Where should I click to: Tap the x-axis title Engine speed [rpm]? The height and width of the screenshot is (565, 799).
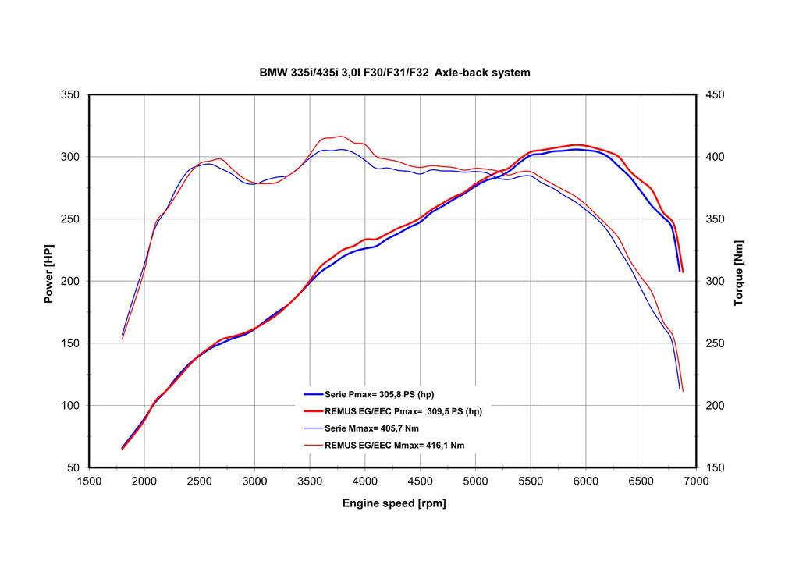pyautogui.click(x=394, y=503)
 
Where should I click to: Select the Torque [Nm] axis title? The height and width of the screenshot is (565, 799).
pyautogui.click(x=739, y=272)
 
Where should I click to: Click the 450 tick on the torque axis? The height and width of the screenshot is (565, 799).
pyautogui.click(x=716, y=95)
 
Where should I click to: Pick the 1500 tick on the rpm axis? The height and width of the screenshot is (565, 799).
pyautogui.click(x=89, y=481)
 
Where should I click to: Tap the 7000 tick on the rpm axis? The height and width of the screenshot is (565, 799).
pyautogui.click(x=695, y=481)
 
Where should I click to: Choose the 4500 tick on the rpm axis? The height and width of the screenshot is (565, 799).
pyautogui.click(x=420, y=481)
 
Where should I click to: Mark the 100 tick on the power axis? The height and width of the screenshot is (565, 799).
pyautogui.click(x=71, y=406)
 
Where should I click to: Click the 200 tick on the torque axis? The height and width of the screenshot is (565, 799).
pyautogui.click(x=716, y=406)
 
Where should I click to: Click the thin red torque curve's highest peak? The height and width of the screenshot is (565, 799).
pyautogui.click(x=340, y=137)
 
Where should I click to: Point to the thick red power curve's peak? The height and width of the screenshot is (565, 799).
pyautogui.click(x=577, y=144)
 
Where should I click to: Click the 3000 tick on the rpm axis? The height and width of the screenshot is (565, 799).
pyautogui.click(x=254, y=481)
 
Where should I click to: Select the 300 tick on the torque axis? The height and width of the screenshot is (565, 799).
pyautogui.click(x=716, y=282)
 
